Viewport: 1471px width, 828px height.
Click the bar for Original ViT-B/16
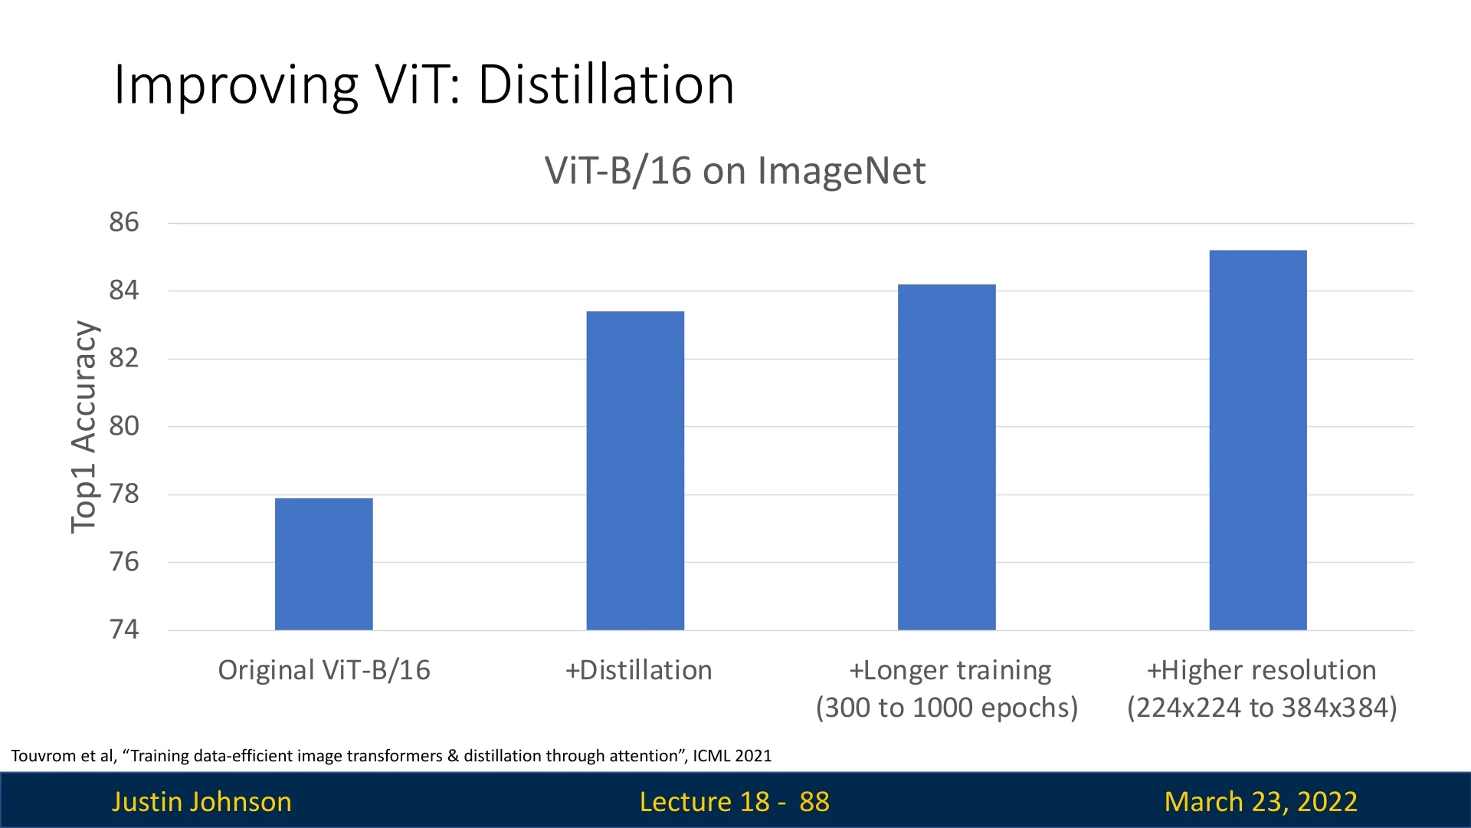(x=323, y=564)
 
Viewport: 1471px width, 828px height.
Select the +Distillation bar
(x=635, y=471)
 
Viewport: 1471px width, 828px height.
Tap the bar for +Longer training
(x=946, y=457)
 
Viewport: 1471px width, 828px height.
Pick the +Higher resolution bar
(x=1258, y=440)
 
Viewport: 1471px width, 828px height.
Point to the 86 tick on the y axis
(x=124, y=222)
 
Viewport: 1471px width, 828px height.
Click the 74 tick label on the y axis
(x=124, y=629)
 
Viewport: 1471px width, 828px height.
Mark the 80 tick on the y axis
(x=124, y=426)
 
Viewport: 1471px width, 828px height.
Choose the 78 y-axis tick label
(x=124, y=494)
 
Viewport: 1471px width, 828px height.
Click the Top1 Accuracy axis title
(x=84, y=426)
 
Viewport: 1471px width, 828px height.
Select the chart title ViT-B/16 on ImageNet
(x=735, y=170)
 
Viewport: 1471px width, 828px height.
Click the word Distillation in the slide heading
(x=606, y=84)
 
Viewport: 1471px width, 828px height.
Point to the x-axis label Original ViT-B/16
(x=324, y=670)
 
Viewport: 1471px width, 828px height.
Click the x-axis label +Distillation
(x=638, y=670)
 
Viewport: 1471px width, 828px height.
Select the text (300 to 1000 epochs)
(x=947, y=708)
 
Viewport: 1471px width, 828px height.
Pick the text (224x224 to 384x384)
(x=1262, y=708)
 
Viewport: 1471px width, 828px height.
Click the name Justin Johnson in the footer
(x=201, y=802)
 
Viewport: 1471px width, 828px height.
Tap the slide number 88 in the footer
(x=814, y=802)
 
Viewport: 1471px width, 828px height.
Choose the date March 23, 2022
(x=1260, y=802)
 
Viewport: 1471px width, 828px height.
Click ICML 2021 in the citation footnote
(x=732, y=756)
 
